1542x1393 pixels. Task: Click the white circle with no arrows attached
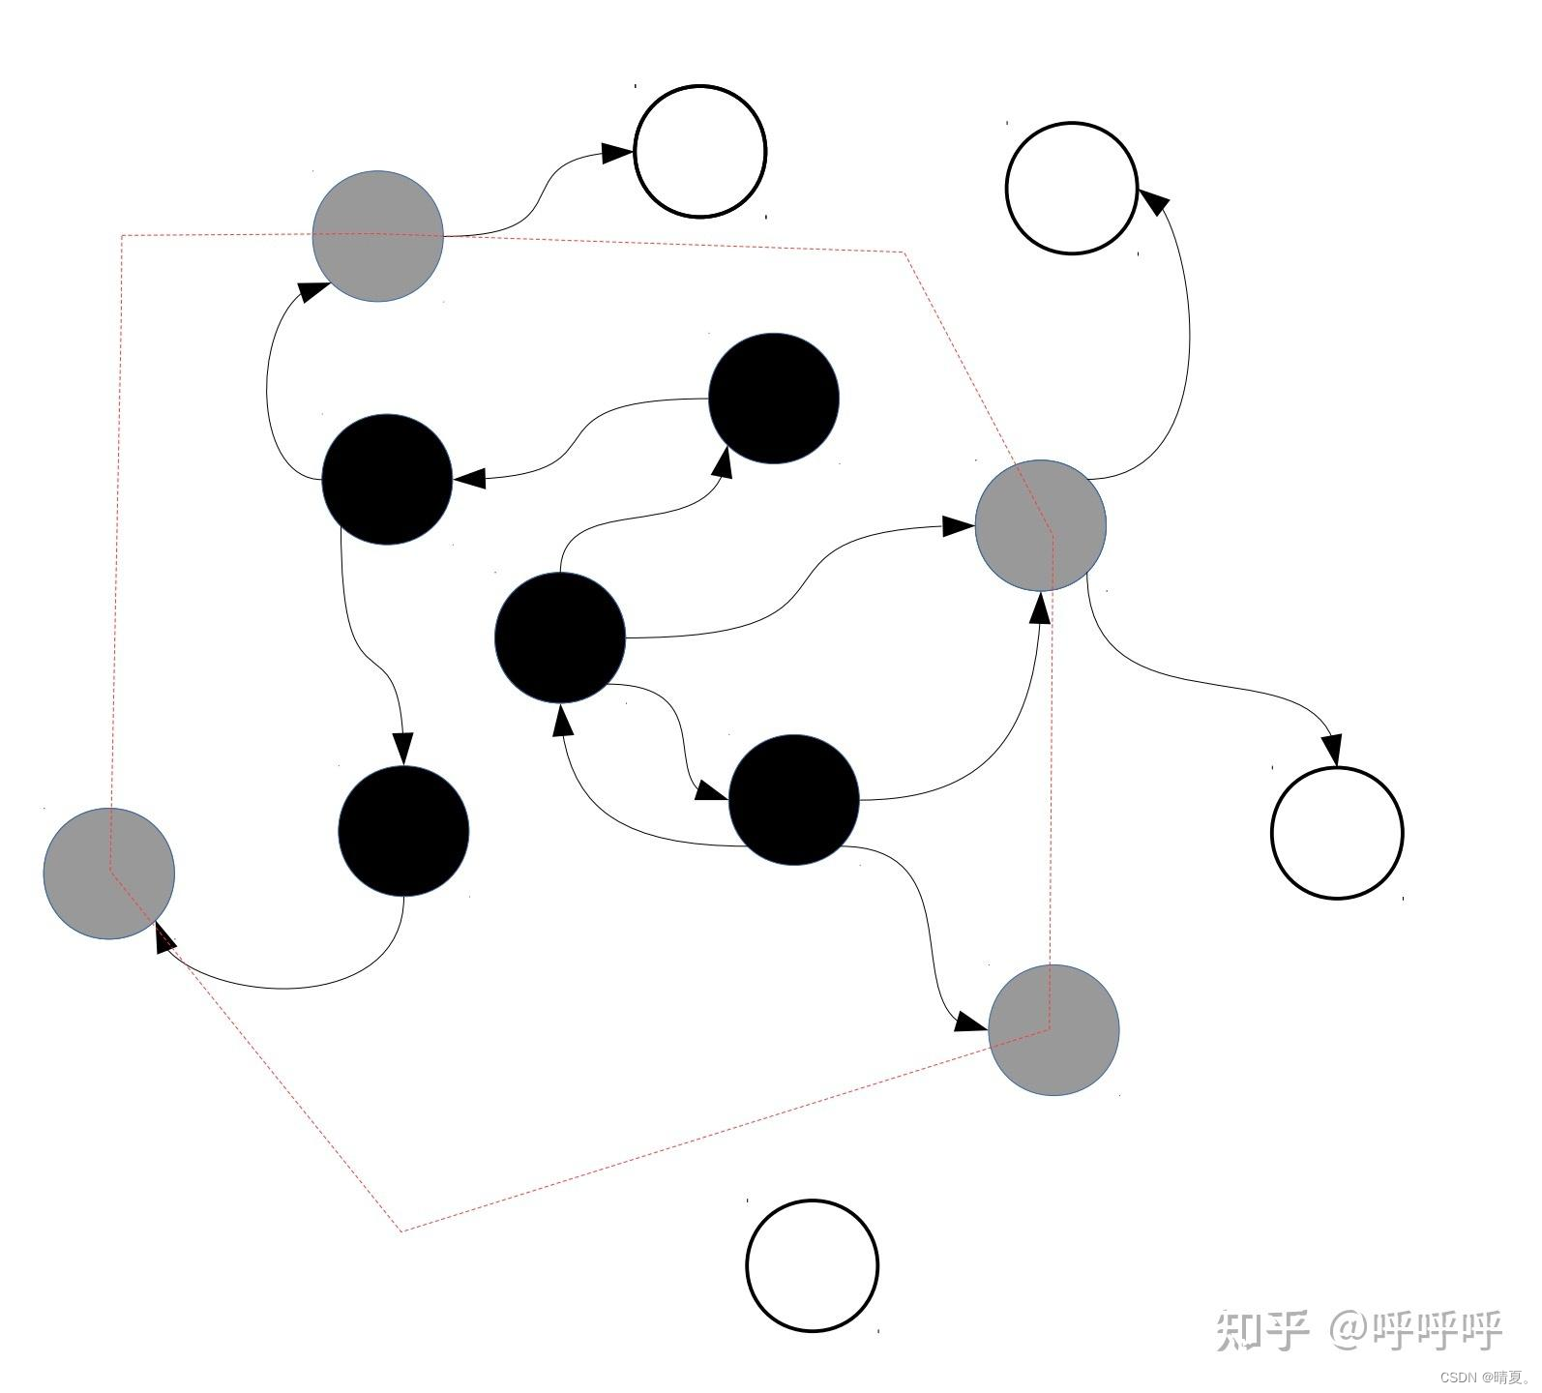812,1265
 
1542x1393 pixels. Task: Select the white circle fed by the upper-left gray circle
700,152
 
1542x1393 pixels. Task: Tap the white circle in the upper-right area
1072,188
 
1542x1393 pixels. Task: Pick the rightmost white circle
1337,832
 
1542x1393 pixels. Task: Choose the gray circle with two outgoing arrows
1041,525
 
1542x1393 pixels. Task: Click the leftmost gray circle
109,874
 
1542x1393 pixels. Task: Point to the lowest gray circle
1053,1030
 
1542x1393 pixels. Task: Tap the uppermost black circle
774,399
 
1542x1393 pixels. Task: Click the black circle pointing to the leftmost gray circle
403,831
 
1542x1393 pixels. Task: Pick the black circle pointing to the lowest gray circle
793,800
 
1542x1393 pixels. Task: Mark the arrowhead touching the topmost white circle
616,153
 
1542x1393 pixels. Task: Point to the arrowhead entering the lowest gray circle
970,1022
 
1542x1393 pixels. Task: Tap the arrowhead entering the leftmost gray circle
164,935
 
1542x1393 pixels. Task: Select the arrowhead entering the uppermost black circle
722,462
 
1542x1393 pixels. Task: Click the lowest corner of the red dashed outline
400,1230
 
